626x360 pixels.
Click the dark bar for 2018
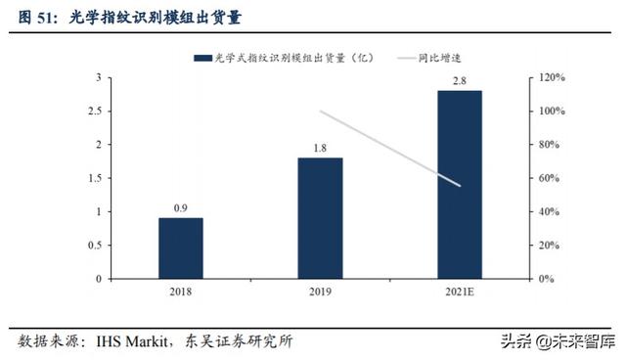(180, 247)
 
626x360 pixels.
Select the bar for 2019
(320, 217)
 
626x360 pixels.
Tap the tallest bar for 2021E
(459, 184)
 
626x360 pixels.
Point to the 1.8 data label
(320, 147)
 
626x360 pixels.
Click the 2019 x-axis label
(320, 292)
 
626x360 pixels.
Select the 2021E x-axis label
(459, 292)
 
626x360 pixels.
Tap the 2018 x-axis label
(180, 292)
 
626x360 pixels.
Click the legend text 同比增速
(441, 58)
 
